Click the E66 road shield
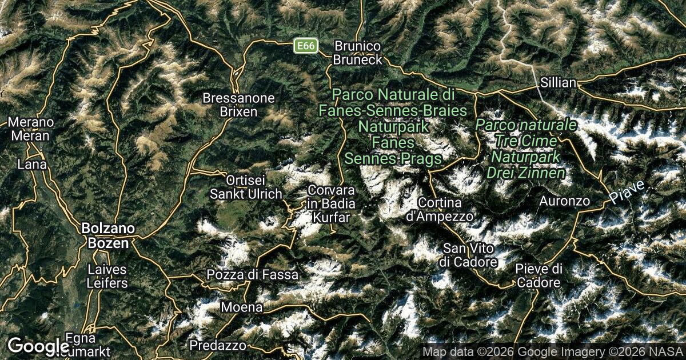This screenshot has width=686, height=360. (x=305, y=46)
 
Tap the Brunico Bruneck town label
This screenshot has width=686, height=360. (x=358, y=52)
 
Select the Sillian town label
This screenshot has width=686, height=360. (x=557, y=83)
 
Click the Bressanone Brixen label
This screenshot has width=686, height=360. (x=239, y=105)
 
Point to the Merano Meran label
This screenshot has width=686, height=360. (x=30, y=129)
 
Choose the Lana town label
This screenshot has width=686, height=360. (x=32, y=164)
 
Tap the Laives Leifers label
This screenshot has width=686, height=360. (x=107, y=275)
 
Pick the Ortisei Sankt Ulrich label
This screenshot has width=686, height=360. (x=246, y=186)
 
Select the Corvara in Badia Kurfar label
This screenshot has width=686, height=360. (x=331, y=203)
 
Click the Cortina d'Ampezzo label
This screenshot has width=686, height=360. (x=440, y=209)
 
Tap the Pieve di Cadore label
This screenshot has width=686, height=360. (x=539, y=275)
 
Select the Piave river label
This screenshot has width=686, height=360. (x=627, y=192)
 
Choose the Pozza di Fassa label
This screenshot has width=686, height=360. (x=252, y=275)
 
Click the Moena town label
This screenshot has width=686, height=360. (x=242, y=307)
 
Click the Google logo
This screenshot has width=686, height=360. (x=39, y=346)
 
